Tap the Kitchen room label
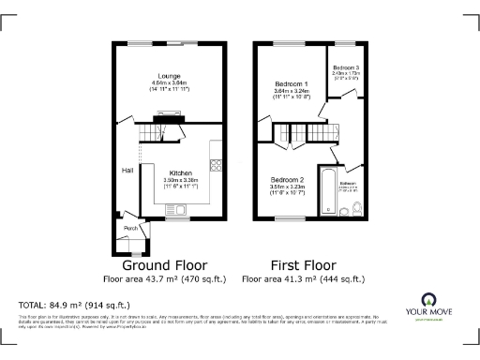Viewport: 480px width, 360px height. coord(180,173)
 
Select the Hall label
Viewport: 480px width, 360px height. coord(126,171)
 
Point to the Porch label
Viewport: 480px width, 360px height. coord(130,227)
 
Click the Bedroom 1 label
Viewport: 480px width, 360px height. coord(291,84)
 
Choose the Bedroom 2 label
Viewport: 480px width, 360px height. coord(288,179)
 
